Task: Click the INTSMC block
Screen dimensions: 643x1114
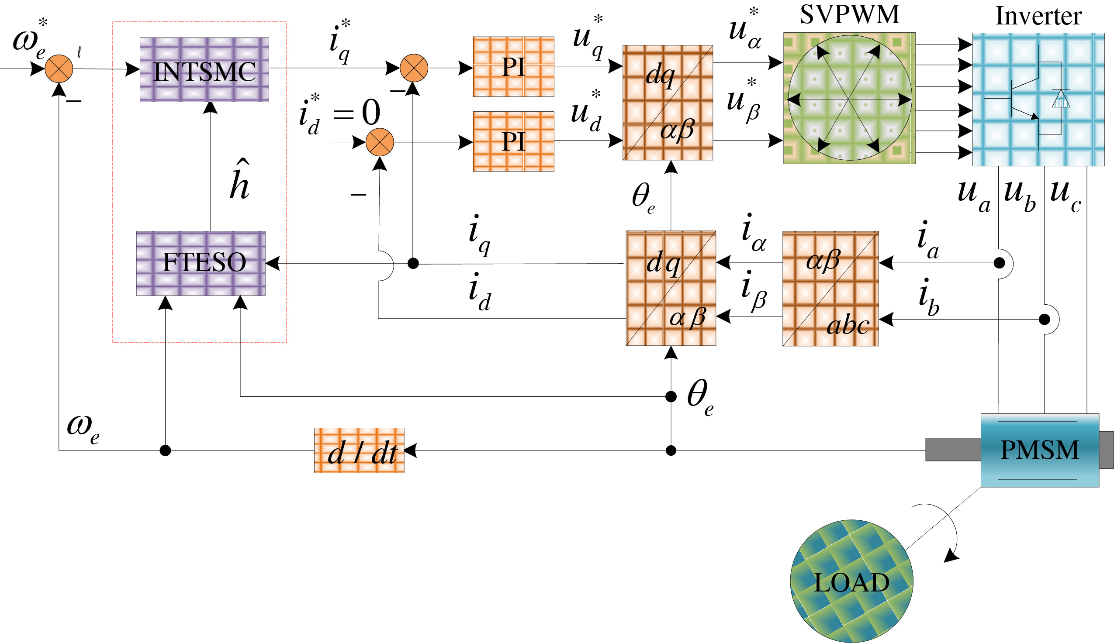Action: pyautogui.click(x=204, y=70)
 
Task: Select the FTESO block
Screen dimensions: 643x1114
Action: pyautogui.click(x=201, y=263)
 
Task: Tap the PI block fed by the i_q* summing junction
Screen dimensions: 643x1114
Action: pyautogui.click(x=513, y=67)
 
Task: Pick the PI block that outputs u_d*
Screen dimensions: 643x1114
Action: pyautogui.click(x=513, y=141)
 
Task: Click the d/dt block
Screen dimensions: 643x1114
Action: pyautogui.click(x=359, y=450)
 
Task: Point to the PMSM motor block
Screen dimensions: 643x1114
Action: pyautogui.click(x=1039, y=450)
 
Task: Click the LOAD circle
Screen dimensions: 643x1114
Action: pyautogui.click(x=851, y=581)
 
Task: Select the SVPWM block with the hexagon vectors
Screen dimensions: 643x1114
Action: pyautogui.click(x=849, y=98)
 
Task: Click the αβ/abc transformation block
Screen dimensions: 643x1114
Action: pyautogui.click(x=830, y=289)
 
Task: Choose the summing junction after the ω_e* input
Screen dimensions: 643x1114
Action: pyautogui.click(x=59, y=69)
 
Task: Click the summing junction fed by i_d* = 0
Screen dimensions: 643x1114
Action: pyautogui.click(x=380, y=142)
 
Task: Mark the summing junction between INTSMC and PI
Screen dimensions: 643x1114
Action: pyautogui.click(x=414, y=68)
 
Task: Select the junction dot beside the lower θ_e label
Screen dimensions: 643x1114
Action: pyautogui.click(x=671, y=396)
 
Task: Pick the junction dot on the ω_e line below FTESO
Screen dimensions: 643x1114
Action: pyautogui.click(x=165, y=450)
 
